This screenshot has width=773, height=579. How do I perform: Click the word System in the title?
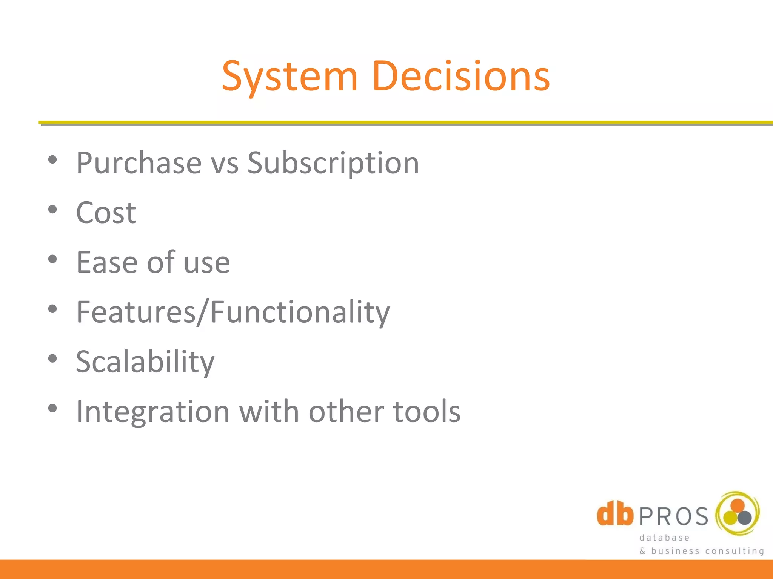(x=289, y=77)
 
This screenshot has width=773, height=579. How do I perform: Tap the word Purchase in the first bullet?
(x=139, y=163)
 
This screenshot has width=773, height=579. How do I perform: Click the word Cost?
(x=106, y=213)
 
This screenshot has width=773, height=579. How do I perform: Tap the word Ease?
(x=107, y=262)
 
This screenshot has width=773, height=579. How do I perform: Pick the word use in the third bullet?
(x=206, y=264)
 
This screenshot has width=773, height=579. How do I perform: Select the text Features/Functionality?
(x=233, y=312)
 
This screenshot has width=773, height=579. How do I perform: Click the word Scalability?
(x=145, y=362)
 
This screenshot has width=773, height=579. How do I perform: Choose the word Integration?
(x=153, y=412)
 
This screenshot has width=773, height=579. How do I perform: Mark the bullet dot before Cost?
(x=52, y=210)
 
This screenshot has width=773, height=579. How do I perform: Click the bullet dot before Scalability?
(x=52, y=358)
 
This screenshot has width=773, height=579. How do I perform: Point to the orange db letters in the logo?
(x=615, y=513)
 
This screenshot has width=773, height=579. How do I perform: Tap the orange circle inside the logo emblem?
(x=737, y=505)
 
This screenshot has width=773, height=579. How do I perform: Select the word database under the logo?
(x=664, y=538)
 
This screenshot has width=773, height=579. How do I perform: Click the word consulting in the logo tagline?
(x=735, y=551)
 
